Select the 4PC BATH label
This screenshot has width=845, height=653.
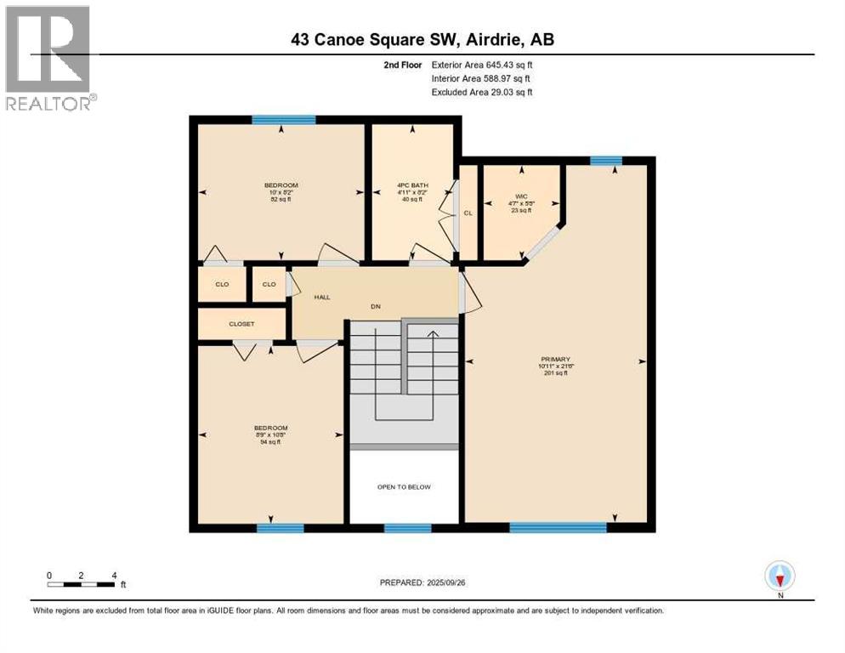point(412,185)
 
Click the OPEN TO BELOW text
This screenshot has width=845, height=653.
point(404,487)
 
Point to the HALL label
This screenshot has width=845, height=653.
point(321,298)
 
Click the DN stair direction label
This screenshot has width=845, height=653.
point(373,306)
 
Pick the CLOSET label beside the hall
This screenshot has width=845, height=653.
point(241,324)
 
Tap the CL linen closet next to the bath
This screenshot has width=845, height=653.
point(468,213)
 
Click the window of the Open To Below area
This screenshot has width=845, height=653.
point(407,528)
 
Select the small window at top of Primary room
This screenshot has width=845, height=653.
point(605,161)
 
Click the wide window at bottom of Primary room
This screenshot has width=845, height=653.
point(558,528)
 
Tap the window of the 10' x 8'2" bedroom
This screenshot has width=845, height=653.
point(284,120)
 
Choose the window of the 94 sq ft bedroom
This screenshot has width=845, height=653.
point(281,528)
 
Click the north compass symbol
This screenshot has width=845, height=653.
point(779,577)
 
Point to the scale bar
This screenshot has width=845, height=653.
point(82,584)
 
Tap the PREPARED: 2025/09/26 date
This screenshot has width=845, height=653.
point(422,582)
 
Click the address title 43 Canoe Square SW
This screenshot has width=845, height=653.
point(422,39)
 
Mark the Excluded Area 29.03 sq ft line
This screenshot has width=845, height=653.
point(482,92)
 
